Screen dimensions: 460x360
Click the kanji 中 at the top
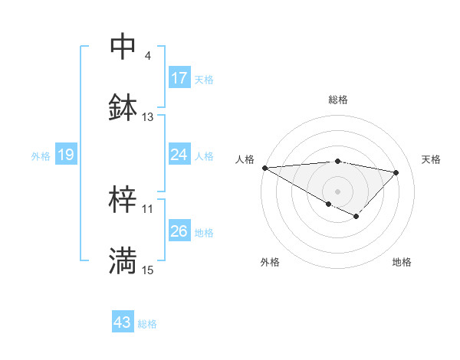tap(123, 47)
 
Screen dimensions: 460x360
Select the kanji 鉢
tap(123, 108)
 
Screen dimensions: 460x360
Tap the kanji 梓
tap(123, 200)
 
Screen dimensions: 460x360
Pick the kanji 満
tap(123, 261)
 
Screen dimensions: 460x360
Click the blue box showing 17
tap(179, 78)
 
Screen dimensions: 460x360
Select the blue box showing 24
tap(179, 155)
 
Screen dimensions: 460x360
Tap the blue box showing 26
tap(179, 231)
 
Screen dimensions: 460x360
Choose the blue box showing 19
tap(66, 155)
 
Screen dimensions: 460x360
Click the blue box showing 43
tap(123, 322)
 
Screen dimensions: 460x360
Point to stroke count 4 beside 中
tap(148, 56)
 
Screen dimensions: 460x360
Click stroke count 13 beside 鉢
tap(148, 117)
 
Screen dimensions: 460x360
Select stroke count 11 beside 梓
tap(148, 208)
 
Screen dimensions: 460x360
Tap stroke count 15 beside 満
tap(148, 270)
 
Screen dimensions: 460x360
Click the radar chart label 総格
tap(337, 100)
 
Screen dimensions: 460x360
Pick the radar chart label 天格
tap(431, 159)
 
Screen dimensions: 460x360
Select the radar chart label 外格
tap(270, 262)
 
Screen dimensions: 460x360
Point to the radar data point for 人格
tap(264, 168)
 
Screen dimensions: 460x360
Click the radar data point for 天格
tap(396, 172)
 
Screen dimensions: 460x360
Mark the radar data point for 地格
tap(356, 217)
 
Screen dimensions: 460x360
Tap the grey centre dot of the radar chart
tap(337, 191)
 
